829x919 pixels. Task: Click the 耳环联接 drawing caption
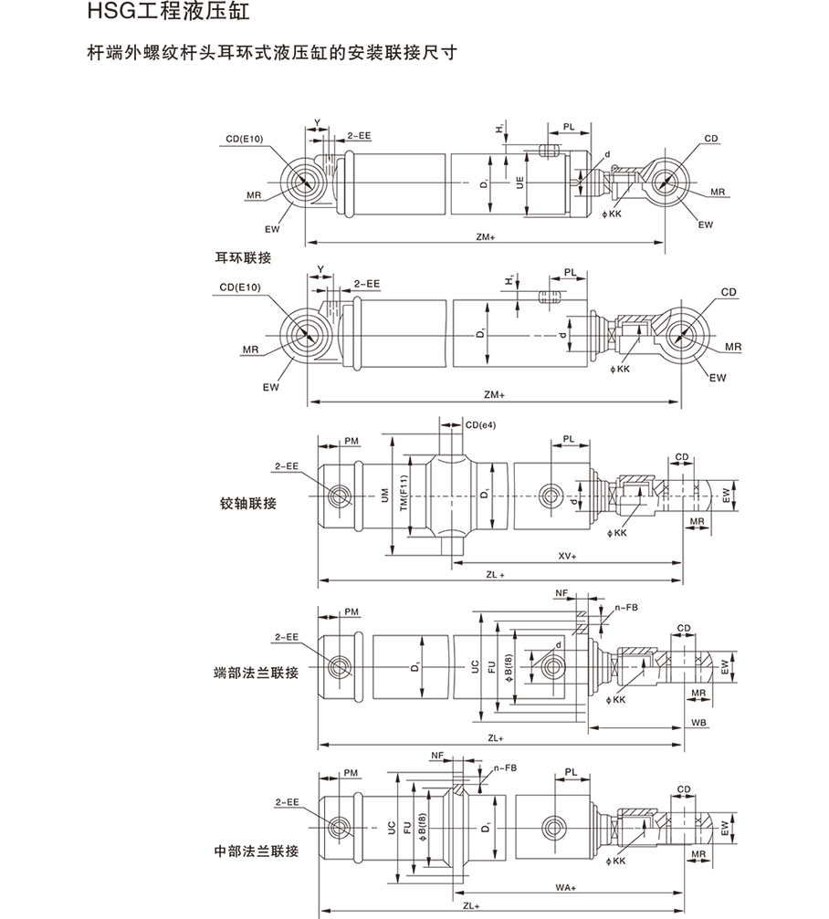click(242, 257)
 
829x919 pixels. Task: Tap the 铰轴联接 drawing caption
click(247, 503)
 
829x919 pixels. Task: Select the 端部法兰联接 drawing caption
click(256, 673)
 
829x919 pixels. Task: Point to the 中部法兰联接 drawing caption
click(256, 851)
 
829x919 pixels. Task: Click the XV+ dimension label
click(567, 555)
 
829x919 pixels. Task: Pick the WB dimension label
click(698, 721)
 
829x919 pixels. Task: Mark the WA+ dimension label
click(567, 885)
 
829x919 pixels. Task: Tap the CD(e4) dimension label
click(479, 424)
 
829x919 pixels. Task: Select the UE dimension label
click(519, 183)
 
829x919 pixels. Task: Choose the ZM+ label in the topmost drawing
click(485, 236)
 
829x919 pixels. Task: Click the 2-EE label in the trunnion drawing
click(287, 465)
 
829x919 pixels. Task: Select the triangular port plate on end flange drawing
click(550, 669)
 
